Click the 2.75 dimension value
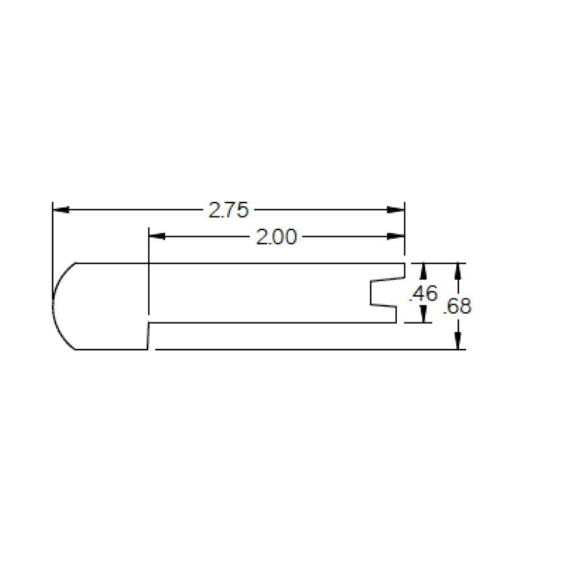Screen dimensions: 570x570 click(x=229, y=210)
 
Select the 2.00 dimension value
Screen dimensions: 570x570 click(x=276, y=237)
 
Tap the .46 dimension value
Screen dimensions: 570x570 click(x=424, y=294)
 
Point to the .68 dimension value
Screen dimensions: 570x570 click(x=458, y=306)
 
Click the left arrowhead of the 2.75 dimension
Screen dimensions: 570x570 click(x=60, y=210)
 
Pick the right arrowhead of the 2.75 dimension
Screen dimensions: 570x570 click(x=396, y=210)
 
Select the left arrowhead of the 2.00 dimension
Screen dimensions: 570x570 click(x=157, y=236)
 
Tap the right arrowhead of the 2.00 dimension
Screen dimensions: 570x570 click(x=396, y=236)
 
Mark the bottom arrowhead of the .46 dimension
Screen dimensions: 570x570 click(x=424, y=315)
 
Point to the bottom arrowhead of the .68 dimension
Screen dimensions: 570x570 click(x=458, y=341)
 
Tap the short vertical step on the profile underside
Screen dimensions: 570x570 click(x=148, y=336)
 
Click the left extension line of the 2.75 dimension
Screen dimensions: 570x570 click(x=52, y=239)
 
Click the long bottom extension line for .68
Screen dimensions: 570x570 click(x=308, y=349)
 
